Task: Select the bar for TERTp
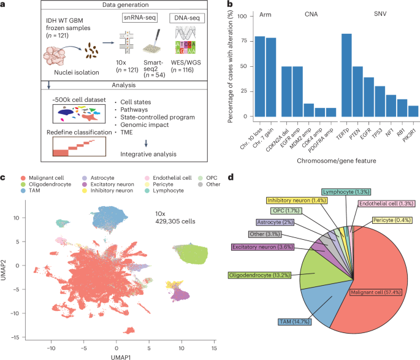(x=346, y=75)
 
